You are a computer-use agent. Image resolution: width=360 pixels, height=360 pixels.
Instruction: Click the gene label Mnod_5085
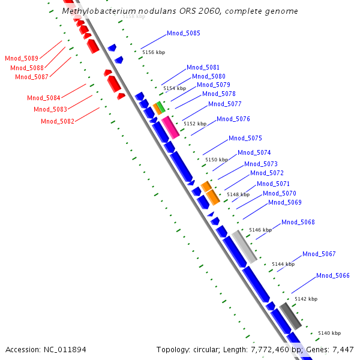tap(184, 33)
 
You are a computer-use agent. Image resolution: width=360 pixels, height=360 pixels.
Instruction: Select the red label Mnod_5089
tap(22, 58)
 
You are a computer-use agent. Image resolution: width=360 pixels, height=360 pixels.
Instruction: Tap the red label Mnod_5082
tap(58, 121)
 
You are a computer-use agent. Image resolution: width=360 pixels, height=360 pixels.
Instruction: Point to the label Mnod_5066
tap(332, 275)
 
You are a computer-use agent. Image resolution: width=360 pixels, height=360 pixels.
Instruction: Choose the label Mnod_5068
tap(298, 223)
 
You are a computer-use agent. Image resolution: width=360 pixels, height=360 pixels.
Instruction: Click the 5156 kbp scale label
tap(153, 52)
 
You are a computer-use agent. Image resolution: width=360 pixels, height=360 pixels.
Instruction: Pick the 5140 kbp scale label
tap(329, 333)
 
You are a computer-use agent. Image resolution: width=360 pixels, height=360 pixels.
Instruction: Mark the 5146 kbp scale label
tap(260, 230)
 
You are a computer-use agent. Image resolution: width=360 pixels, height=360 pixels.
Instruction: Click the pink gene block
tap(170, 128)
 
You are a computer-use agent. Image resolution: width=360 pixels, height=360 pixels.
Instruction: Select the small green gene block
tap(161, 106)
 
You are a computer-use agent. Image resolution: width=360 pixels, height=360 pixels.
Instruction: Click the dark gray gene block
tap(290, 316)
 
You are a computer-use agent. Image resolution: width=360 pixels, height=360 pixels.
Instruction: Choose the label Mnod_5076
tap(233, 119)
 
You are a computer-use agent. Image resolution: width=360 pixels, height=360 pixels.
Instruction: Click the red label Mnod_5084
tap(43, 98)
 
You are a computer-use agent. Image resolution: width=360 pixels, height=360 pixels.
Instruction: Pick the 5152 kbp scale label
tap(194, 124)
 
